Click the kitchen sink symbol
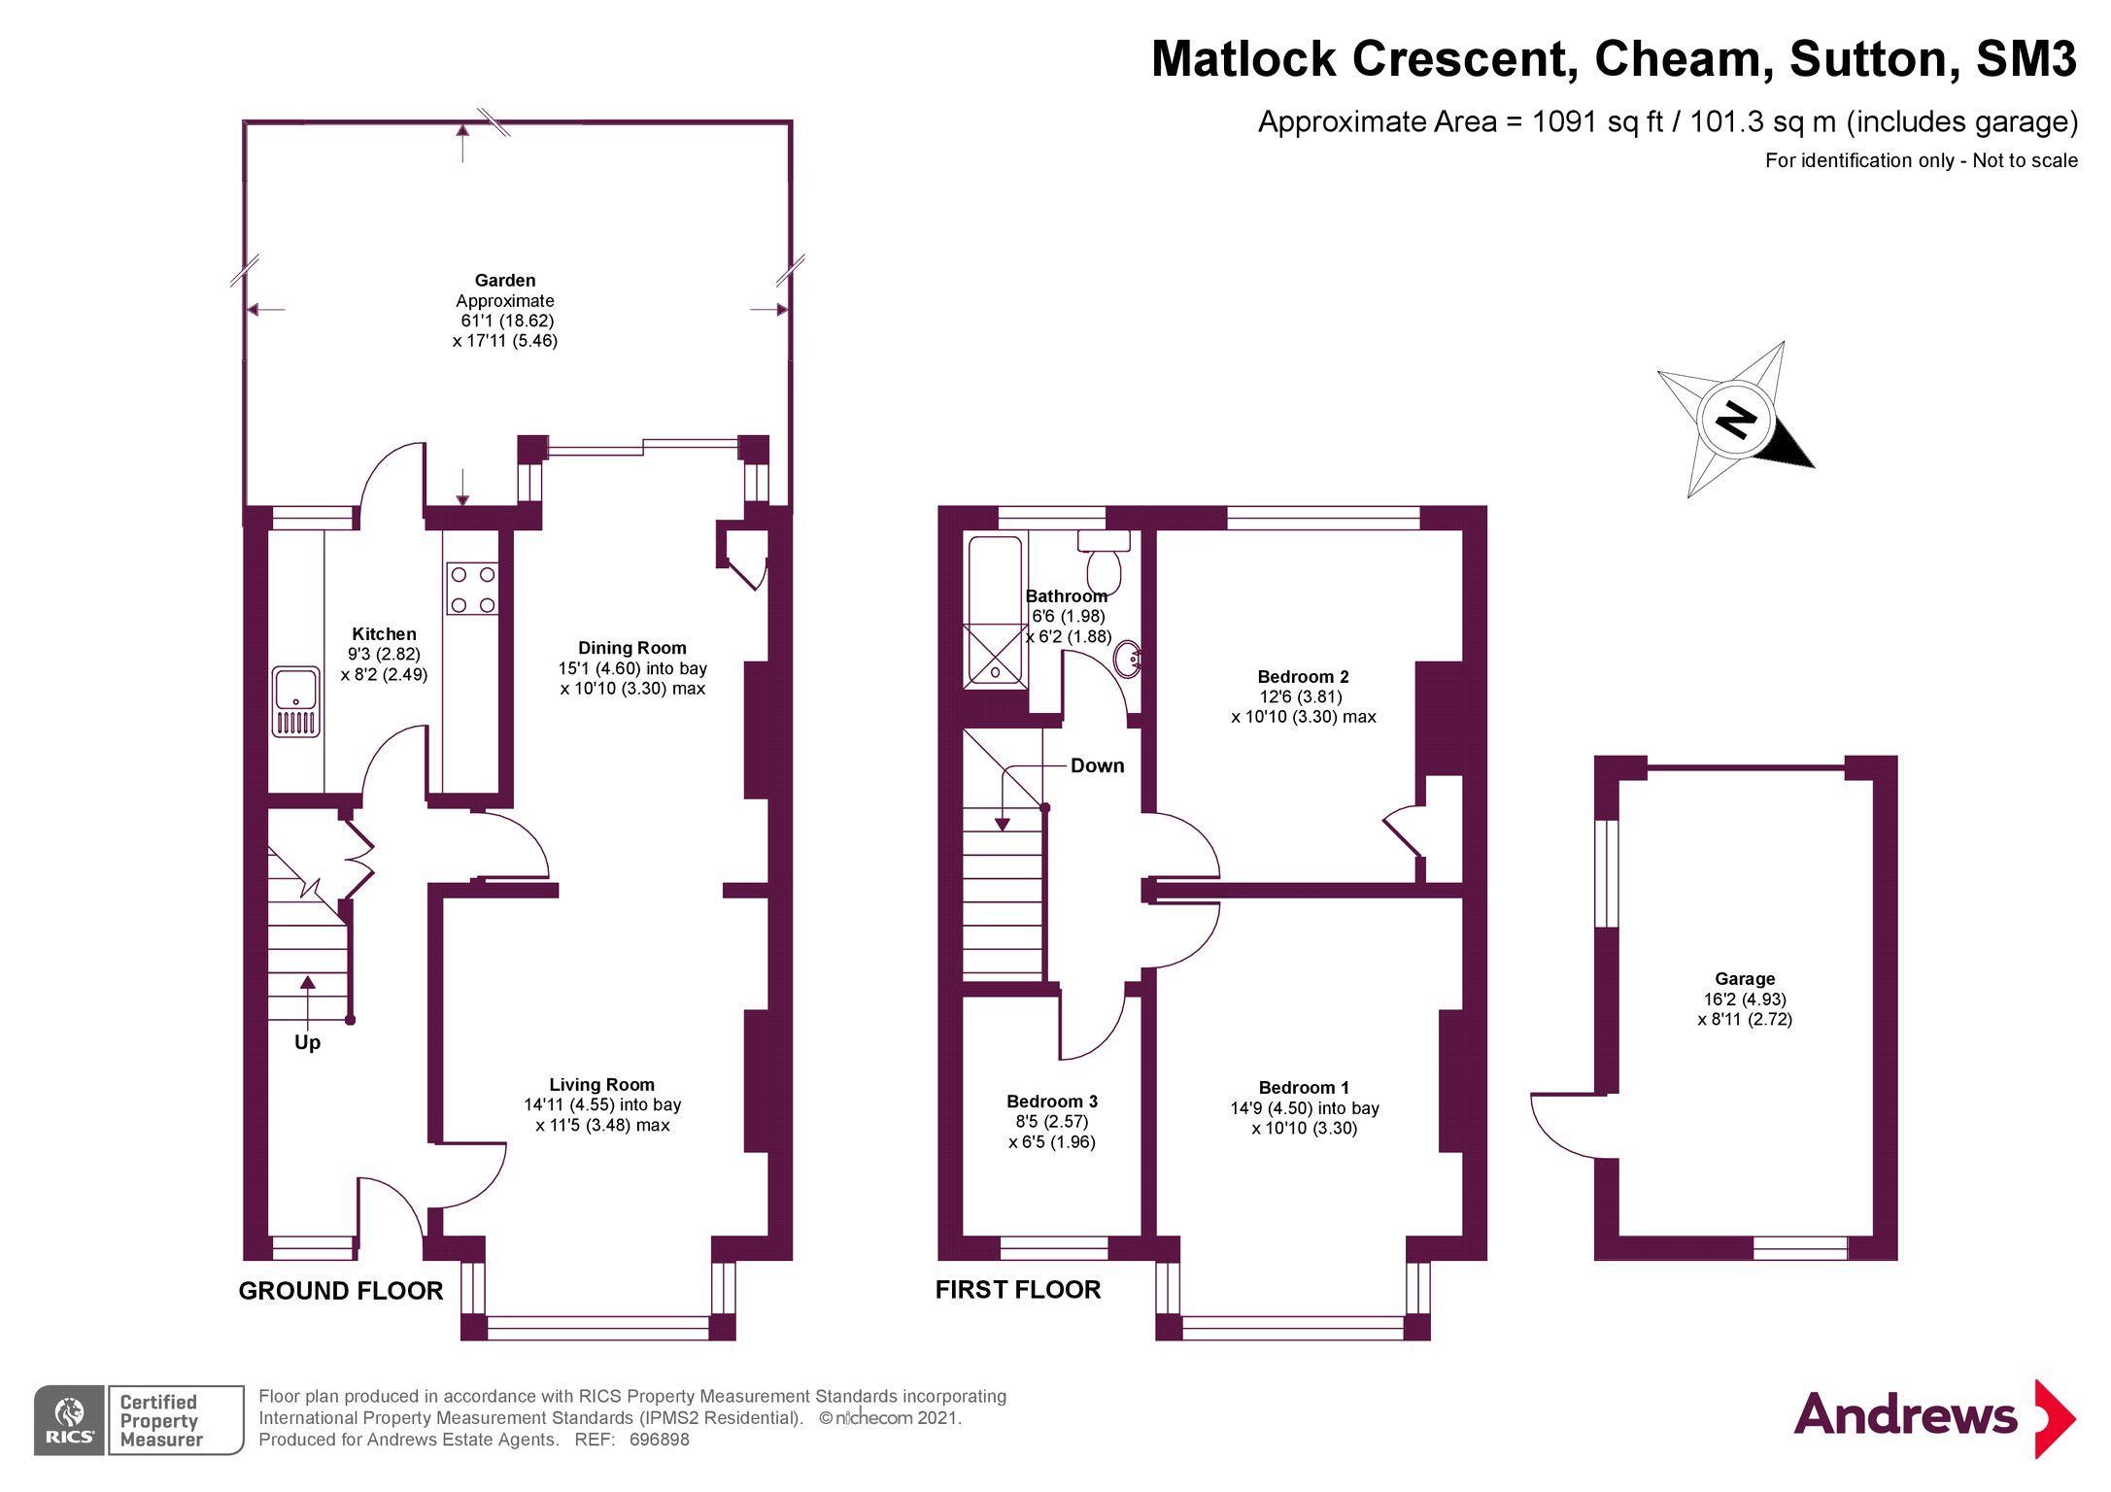295,701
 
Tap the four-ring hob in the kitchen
472,589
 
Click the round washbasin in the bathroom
1128,659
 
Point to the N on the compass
1736,421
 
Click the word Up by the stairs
307,1042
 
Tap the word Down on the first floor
1097,765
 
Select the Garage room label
1745,978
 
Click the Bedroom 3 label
1052,1101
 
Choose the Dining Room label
631,648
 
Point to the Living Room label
602,1084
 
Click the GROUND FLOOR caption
341,1291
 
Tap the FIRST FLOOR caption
1018,1290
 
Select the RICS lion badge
70,1420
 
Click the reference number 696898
660,1440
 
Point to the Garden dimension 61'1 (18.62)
507,321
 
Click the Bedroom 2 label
1303,676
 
